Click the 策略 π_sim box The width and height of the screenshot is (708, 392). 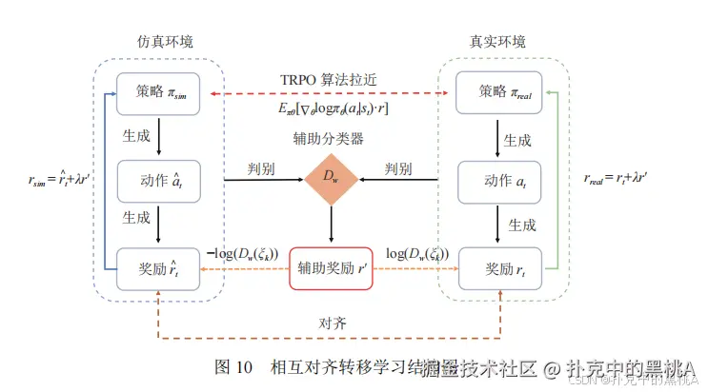pyautogui.click(x=158, y=92)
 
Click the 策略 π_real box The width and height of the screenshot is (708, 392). pyautogui.click(x=498, y=92)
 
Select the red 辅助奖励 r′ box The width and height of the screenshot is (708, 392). pyautogui.click(x=330, y=267)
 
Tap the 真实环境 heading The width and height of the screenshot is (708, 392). pyautogui.click(x=497, y=43)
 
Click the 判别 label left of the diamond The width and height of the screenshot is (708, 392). pyautogui.click(x=255, y=168)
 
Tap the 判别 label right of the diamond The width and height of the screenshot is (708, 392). pyautogui.click(x=398, y=168)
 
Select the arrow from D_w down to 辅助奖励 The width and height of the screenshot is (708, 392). pyautogui.click(x=330, y=227)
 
